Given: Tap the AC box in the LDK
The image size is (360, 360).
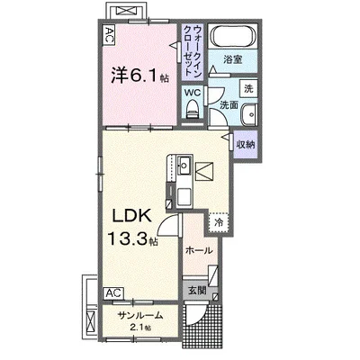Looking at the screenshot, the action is point(113,293).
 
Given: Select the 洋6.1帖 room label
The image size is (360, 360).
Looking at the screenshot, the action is point(140,76).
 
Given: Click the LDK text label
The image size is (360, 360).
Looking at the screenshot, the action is point(131,216).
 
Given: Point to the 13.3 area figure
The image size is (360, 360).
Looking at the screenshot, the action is point(128,238).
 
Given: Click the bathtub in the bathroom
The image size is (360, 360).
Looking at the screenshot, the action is point(233,36).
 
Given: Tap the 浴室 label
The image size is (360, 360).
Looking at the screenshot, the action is point(232,59).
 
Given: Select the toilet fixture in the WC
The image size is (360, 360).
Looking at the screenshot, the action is point(192,110).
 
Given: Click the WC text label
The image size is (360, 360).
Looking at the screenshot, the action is point(192,93).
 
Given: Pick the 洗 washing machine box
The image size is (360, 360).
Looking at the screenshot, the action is point(248,88).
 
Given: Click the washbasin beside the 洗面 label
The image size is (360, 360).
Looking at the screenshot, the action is point(249,114).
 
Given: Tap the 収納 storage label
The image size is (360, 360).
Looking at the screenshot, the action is point(246,145).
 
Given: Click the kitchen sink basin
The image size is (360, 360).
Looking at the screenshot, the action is point(184,165).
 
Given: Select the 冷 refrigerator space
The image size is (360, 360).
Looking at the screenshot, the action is point(219,222).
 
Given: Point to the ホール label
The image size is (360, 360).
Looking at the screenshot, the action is point(199,250).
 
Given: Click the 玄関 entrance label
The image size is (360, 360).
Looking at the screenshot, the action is point(197,290).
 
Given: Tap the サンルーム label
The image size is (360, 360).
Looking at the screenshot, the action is point(140,316).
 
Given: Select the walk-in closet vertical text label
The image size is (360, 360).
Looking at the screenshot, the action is point(193,50).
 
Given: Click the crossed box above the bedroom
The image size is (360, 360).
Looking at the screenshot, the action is point(126,10).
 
